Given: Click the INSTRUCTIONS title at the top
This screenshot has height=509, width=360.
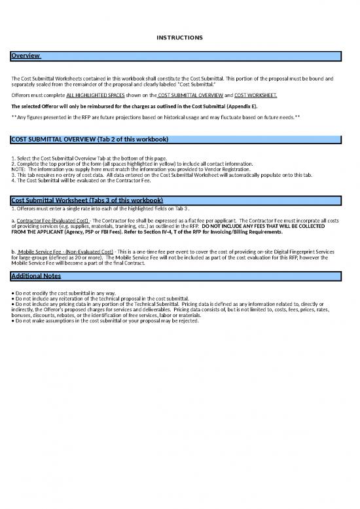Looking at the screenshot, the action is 180,37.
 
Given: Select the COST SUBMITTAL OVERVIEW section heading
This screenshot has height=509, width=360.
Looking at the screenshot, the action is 90,140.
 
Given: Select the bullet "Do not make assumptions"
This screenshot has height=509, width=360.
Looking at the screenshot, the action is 105,321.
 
